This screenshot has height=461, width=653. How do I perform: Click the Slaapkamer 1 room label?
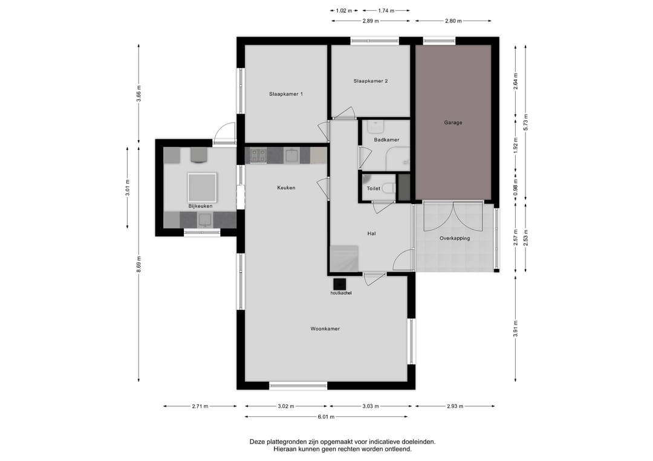pos(285,94)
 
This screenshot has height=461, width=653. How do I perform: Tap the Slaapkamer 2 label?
pos(371,81)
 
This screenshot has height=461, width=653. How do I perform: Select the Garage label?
pos(453,123)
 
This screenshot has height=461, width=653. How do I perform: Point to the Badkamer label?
pos(386,140)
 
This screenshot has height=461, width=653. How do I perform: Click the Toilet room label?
pos(373,189)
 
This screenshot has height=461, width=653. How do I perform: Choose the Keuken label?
pos(286,188)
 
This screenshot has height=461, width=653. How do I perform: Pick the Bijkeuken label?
pos(200,206)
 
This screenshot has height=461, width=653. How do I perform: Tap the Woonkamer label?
pos(325,329)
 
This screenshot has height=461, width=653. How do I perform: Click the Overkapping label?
pos(455,239)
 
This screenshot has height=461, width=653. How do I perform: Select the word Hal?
pos(371,233)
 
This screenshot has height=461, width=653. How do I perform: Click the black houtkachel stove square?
pos(339,284)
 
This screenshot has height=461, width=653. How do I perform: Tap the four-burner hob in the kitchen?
pos(258,156)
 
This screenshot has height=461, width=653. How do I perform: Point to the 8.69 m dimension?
pos(138,264)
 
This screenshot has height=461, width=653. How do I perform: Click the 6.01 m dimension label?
pos(326,417)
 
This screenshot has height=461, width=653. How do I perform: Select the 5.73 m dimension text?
pos(525,122)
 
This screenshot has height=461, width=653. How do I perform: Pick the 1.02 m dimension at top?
pos(344,11)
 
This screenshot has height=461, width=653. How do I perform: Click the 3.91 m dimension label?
pos(516,329)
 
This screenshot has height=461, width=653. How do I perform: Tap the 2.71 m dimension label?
pos(200,407)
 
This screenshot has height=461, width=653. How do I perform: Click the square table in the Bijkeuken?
pos(202,187)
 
